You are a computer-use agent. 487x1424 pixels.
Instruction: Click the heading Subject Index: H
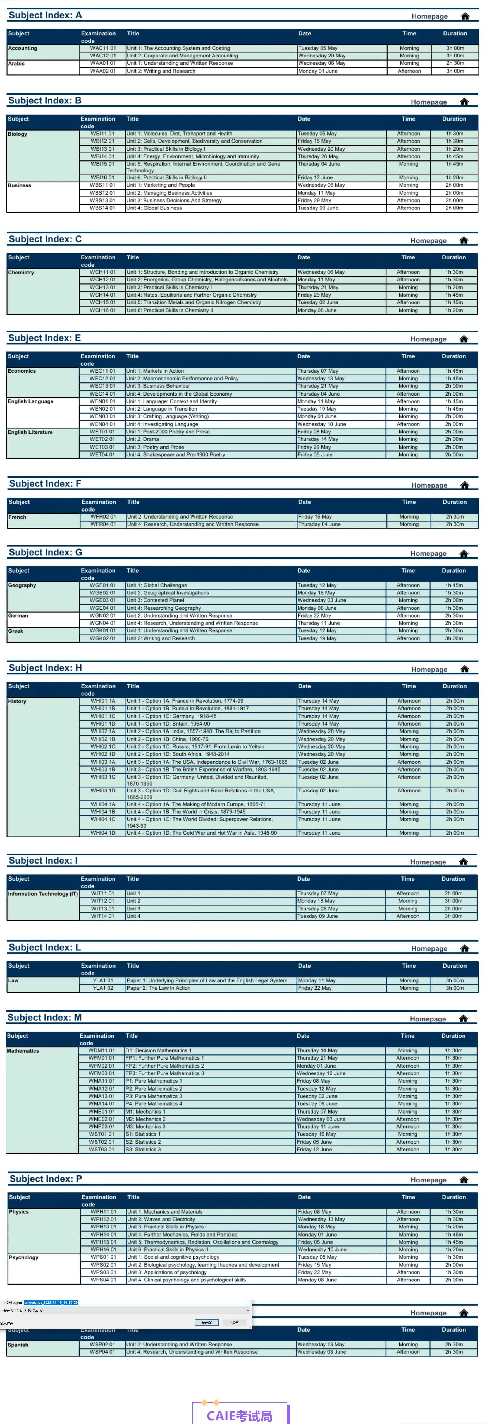(46, 668)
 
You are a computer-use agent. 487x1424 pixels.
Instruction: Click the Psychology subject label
(24, 1257)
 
